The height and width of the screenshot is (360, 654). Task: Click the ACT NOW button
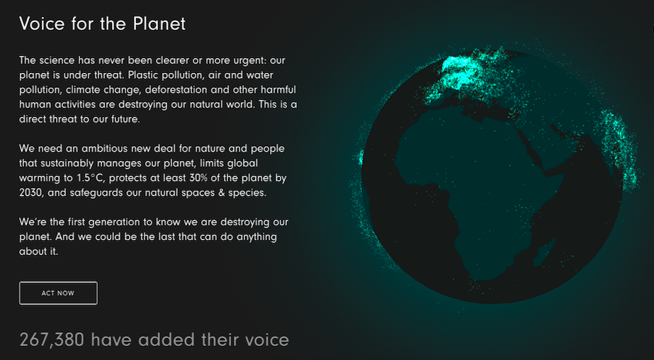[58, 293]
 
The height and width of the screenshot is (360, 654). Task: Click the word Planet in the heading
[159, 24]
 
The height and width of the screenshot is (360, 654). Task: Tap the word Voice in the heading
[43, 24]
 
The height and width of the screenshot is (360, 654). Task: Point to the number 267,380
[52, 340]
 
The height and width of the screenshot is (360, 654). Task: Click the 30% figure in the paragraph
[198, 178]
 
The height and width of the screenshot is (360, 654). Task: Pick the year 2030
[31, 193]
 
